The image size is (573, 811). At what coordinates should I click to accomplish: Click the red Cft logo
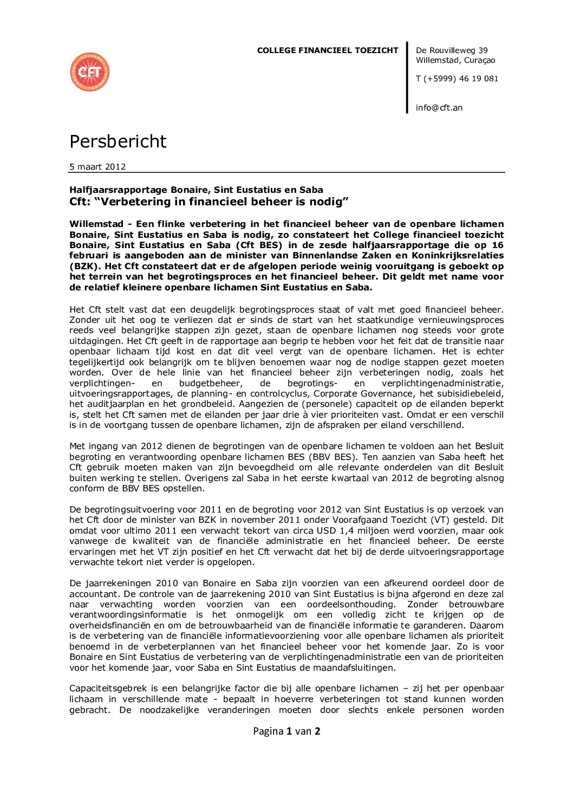click(x=90, y=72)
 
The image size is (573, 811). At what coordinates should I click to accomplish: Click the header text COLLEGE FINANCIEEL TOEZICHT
click(x=327, y=50)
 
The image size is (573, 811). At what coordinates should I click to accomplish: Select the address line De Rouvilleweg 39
click(x=452, y=50)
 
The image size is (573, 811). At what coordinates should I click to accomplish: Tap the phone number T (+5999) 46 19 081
click(x=457, y=79)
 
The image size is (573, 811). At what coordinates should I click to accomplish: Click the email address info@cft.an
click(x=439, y=108)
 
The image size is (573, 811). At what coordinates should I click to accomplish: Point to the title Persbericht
click(x=118, y=141)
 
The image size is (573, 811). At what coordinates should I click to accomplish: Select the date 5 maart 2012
click(x=97, y=167)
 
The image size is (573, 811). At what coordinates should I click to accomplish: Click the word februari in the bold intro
click(x=88, y=256)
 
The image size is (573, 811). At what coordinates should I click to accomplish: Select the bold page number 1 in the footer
click(x=289, y=731)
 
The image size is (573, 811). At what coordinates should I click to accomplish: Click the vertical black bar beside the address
click(x=407, y=77)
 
